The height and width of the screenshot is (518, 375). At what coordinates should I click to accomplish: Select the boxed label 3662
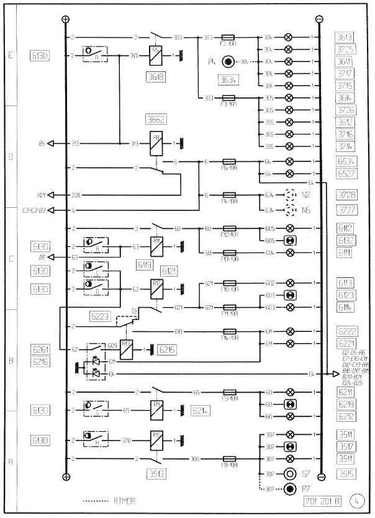(156, 118)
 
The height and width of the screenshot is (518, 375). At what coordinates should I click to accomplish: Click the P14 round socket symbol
(229, 61)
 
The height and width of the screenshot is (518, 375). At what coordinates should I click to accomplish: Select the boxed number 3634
(229, 79)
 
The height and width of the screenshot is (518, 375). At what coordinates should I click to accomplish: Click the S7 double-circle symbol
(289, 473)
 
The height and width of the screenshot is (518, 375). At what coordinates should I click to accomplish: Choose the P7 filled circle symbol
(289, 489)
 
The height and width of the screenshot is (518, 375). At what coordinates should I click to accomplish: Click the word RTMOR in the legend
(124, 500)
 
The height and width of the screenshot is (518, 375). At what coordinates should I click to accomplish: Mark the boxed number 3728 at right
(346, 195)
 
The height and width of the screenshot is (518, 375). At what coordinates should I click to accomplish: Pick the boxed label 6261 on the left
(41, 349)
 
